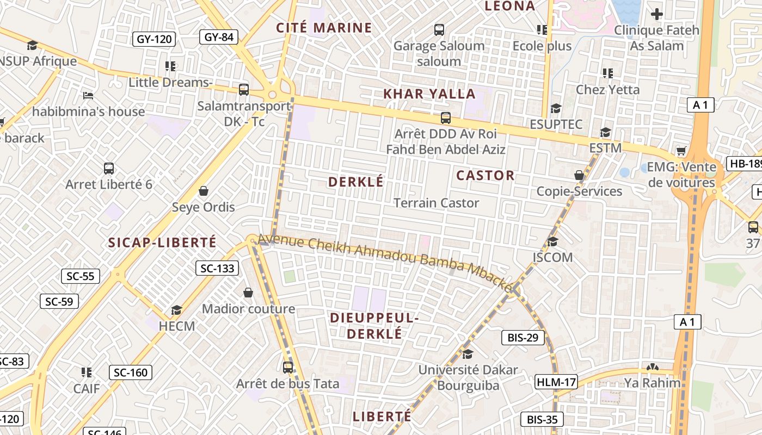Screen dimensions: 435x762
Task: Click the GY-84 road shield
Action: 219,37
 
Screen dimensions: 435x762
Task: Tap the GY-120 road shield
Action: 155,39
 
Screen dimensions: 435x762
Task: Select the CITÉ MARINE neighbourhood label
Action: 324,28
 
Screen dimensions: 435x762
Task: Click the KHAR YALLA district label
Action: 429,94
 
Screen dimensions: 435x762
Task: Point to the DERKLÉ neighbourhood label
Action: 356,182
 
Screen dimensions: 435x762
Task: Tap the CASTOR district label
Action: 485,175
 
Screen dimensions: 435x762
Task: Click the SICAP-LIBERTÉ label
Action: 162,243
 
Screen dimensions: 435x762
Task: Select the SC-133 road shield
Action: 217,268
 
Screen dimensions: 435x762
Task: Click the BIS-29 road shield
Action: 523,338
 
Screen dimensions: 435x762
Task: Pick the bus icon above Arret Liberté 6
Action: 109,169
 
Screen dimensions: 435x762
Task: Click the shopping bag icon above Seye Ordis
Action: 204,191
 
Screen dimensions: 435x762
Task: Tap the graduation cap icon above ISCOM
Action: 552,241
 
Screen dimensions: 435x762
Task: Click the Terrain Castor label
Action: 436,203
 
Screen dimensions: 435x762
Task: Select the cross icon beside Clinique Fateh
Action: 657,14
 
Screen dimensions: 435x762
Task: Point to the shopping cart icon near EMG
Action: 681,151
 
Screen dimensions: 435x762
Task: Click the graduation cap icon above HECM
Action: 176,310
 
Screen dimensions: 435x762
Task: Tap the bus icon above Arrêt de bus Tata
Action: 288,368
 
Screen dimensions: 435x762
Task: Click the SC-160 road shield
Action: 131,372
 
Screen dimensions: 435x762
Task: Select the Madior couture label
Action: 248,309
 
